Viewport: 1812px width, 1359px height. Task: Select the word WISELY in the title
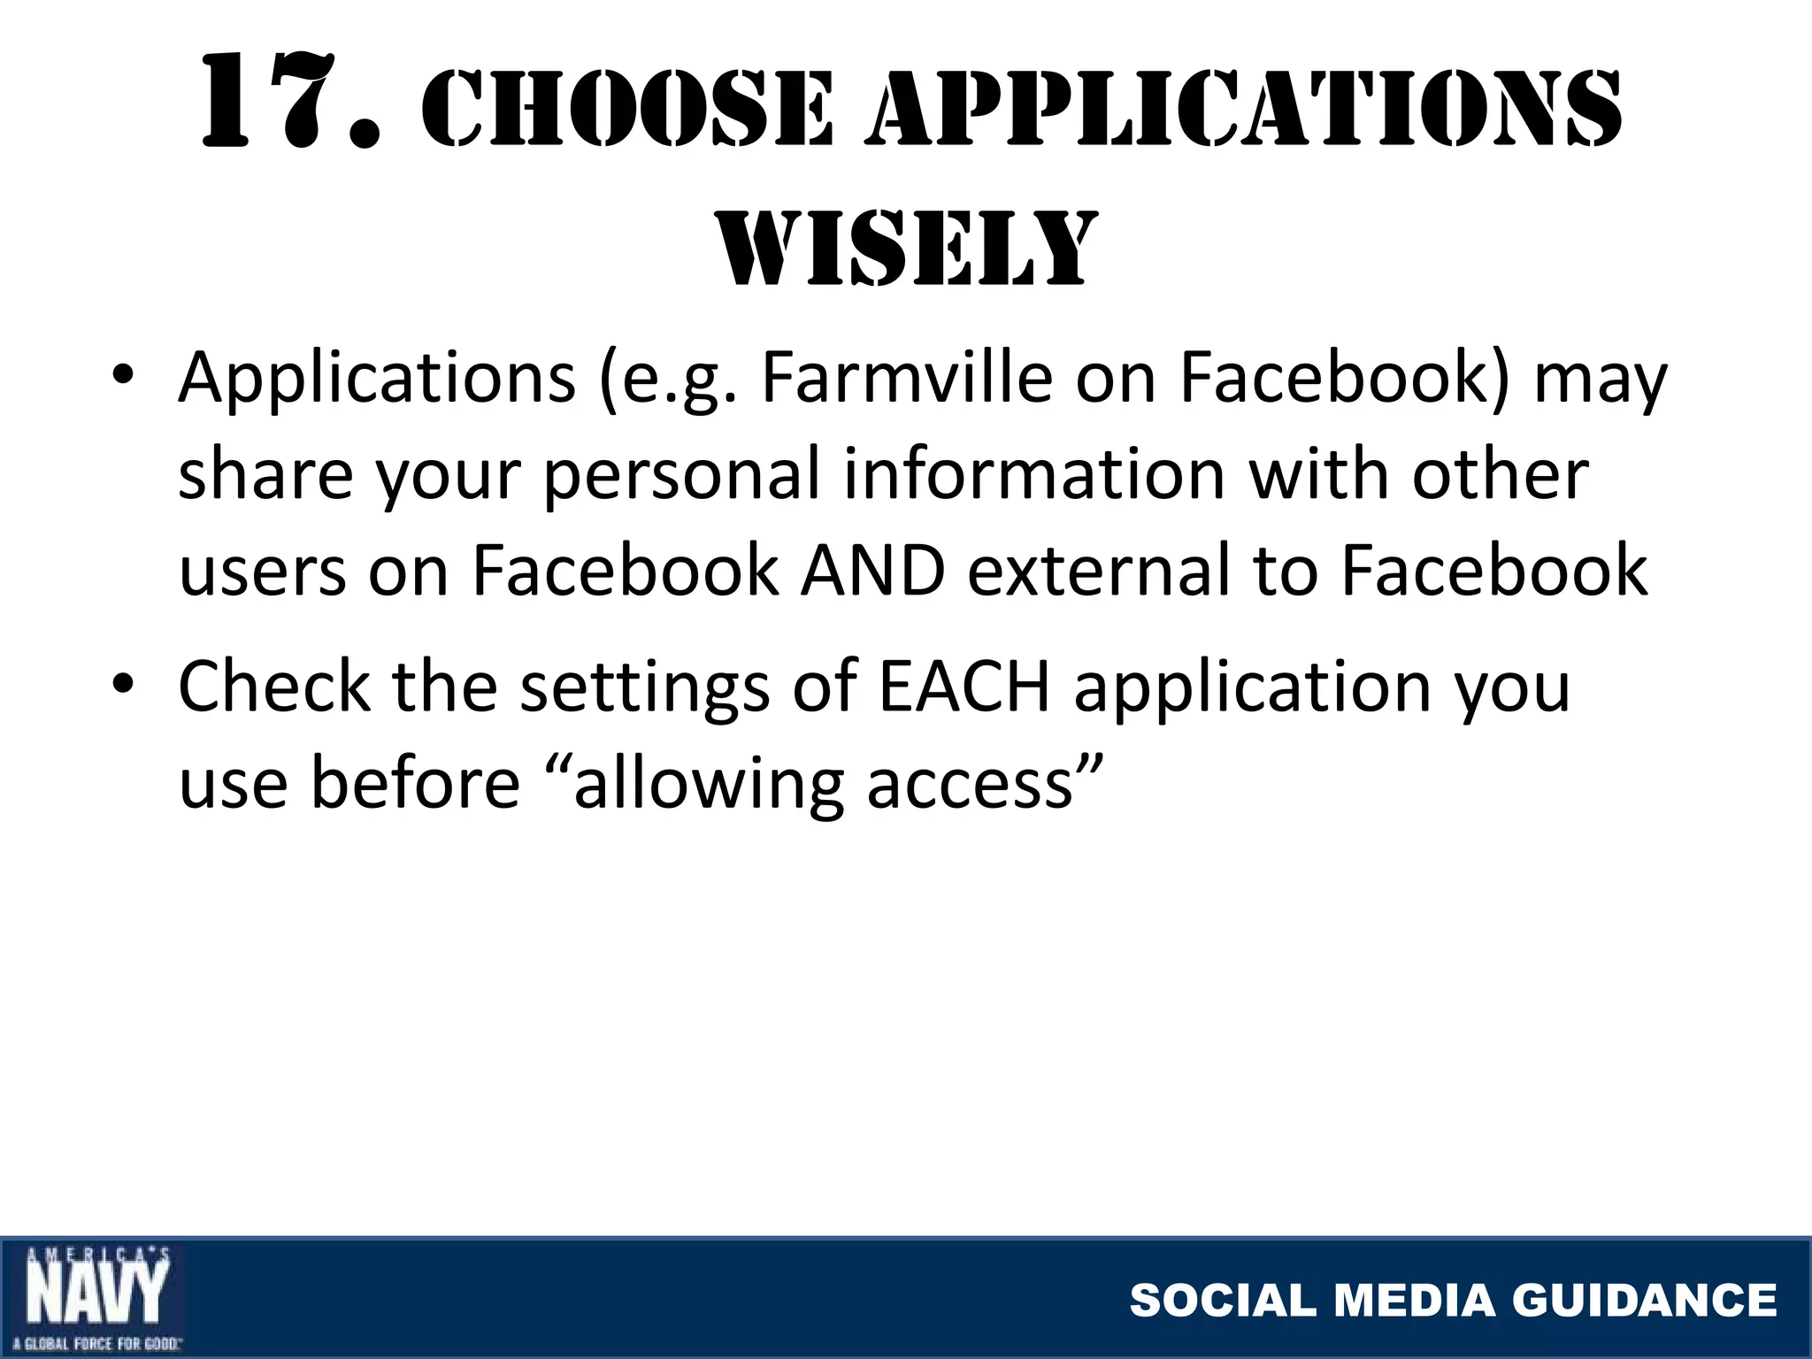click(906, 248)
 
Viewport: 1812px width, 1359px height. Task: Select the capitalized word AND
click(872, 571)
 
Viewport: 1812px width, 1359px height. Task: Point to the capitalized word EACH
click(964, 686)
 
